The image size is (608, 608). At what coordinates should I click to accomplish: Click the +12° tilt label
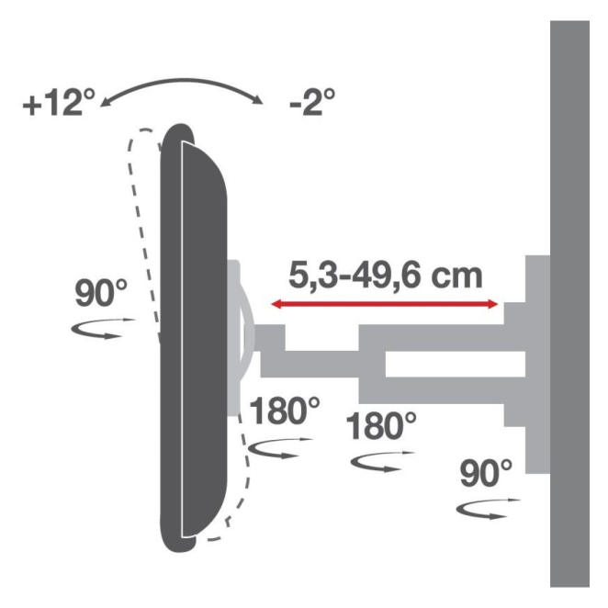pos(59,102)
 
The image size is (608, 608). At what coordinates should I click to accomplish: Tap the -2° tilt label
pos(312,102)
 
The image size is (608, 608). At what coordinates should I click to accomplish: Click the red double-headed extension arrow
pos(384,304)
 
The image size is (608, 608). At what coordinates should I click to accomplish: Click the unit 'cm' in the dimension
pos(456,277)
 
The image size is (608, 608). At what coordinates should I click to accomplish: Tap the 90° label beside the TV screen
pos(101,293)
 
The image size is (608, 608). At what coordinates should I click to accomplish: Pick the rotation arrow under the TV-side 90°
pos(103,328)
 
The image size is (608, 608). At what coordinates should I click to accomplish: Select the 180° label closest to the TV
pos(284,411)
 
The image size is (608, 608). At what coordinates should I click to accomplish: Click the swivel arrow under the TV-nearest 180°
pos(280,448)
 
